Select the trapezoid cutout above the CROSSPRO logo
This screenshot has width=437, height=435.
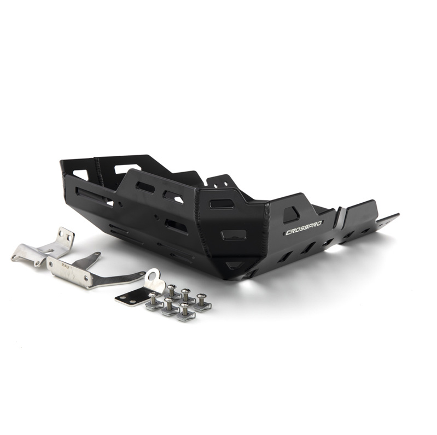click(291, 215)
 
